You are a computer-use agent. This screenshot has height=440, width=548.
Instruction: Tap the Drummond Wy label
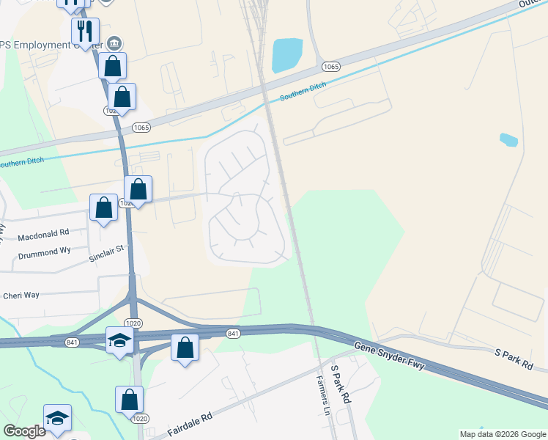pos(43,252)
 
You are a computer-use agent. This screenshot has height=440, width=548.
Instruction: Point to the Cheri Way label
pos(21,296)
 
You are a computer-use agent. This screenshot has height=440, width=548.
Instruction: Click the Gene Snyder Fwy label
pos(389,356)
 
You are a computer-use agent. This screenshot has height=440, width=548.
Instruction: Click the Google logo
pos(24,431)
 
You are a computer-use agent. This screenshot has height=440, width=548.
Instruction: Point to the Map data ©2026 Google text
pos(503,434)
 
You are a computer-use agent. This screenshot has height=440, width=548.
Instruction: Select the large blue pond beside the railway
pos(286,55)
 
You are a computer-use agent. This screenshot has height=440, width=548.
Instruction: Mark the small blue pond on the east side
pos(508,139)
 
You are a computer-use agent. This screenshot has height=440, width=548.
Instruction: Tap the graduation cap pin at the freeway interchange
pos(119,340)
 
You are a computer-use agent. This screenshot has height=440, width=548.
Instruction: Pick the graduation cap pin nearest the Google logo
pos(57,417)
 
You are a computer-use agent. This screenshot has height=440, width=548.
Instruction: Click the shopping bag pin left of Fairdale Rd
pos(129,400)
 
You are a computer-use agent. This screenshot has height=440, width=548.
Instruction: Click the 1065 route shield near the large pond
pos(330,67)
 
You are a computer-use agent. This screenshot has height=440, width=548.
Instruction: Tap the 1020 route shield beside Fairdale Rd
pos(139,418)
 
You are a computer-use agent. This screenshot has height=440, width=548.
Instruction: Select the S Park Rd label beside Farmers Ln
pos(341,386)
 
